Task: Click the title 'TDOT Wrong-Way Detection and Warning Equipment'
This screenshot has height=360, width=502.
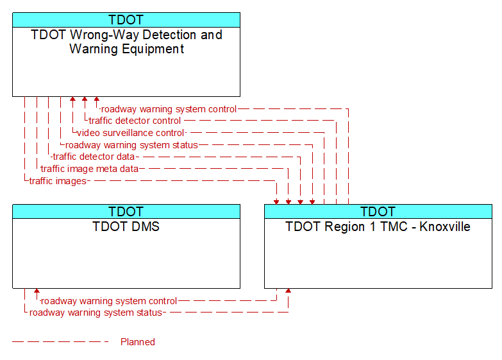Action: (x=126, y=42)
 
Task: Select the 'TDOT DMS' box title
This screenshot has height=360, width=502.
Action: (x=126, y=227)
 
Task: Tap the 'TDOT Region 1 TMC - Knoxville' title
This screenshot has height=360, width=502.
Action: (x=378, y=227)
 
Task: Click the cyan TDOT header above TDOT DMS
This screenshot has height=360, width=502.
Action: (x=126, y=212)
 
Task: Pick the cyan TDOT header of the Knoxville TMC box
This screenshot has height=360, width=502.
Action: (x=378, y=212)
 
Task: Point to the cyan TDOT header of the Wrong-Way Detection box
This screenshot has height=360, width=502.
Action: (x=126, y=20)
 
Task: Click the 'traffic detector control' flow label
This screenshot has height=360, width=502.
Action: (x=135, y=121)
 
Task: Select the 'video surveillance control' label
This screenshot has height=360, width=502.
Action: (x=131, y=133)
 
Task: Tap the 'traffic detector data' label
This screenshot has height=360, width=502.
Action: (x=94, y=157)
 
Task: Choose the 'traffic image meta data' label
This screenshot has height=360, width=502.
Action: (x=90, y=169)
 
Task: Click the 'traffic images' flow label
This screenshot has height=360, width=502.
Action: (x=58, y=181)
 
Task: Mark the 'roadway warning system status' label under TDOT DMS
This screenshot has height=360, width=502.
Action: (x=96, y=313)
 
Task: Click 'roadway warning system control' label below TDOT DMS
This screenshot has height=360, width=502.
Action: (x=109, y=301)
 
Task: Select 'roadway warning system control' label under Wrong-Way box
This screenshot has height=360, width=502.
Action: (x=169, y=109)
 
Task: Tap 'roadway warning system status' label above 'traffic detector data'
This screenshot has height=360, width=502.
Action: (x=131, y=145)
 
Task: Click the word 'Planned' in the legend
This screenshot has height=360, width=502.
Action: (x=138, y=342)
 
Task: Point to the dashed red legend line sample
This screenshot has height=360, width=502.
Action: (x=60, y=342)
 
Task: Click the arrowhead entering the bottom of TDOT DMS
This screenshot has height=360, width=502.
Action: (x=37, y=291)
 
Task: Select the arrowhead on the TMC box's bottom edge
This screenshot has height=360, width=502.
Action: (x=288, y=291)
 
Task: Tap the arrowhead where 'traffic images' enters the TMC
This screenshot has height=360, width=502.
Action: (x=276, y=202)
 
